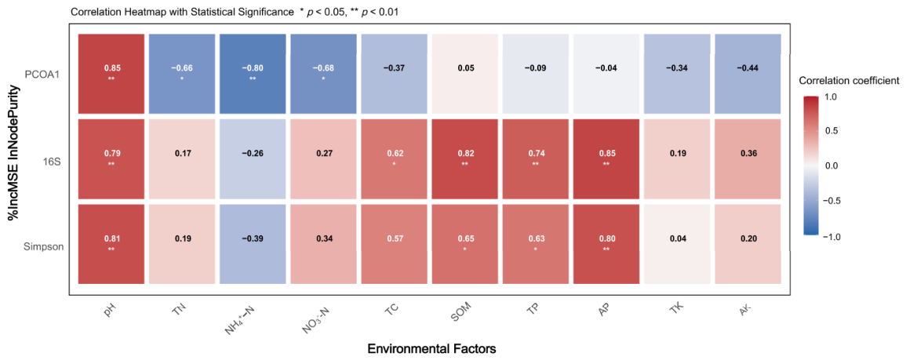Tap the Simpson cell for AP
click(x=606, y=243)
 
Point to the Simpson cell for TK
click(x=677, y=243)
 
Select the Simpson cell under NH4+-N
click(x=252, y=243)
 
